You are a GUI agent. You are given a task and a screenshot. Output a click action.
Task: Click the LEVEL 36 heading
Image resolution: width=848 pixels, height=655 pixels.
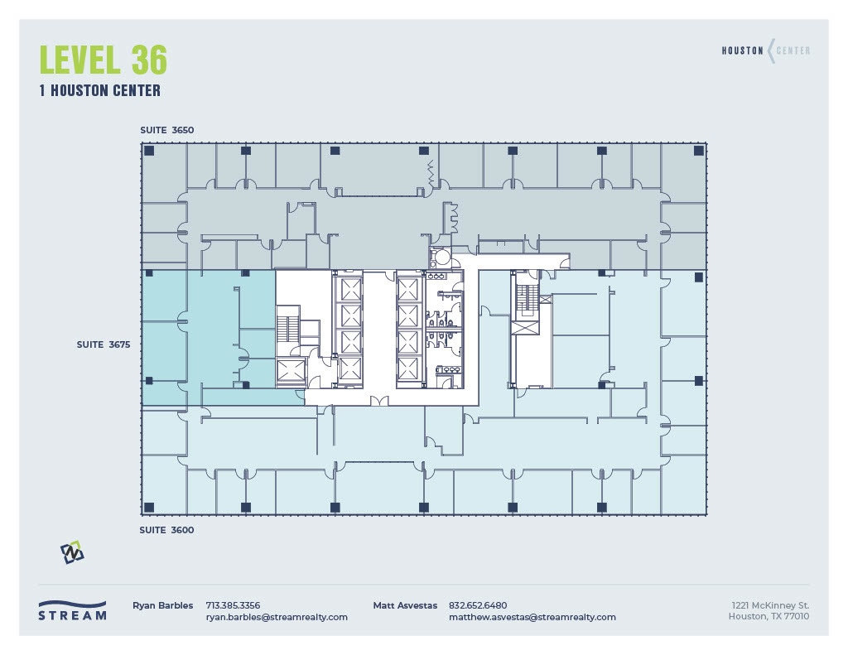point(104,60)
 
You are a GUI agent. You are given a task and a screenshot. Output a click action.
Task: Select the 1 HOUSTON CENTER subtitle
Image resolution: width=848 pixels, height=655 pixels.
point(99,90)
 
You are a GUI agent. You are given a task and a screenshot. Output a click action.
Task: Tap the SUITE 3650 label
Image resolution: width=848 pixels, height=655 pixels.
point(166,130)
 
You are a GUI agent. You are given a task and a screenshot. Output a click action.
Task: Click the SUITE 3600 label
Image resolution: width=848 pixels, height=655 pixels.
point(166,530)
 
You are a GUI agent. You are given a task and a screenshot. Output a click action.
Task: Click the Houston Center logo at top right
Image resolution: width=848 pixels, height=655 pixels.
point(765,51)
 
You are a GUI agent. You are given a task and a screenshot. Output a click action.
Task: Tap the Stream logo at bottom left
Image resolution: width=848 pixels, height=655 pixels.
point(73,610)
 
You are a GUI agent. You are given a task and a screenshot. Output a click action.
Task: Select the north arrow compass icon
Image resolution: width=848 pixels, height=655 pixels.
point(72,552)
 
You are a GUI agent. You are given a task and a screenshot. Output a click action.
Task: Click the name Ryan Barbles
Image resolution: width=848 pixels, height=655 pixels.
point(163,605)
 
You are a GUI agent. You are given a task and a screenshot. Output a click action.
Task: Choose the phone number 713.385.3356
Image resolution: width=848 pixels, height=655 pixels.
point(233,605)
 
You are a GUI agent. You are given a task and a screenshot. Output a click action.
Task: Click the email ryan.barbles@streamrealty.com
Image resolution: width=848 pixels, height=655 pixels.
point(277,617)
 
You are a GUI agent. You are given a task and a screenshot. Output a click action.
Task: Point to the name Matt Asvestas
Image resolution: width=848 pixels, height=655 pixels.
point(405,605)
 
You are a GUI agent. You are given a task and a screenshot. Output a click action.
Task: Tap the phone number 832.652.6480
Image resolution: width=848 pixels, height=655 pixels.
point(478,605)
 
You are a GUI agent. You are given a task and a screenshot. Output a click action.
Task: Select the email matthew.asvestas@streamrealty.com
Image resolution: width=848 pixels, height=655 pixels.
point(532,617)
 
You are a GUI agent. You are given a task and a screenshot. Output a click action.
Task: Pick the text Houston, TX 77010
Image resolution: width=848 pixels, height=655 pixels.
point(768,617)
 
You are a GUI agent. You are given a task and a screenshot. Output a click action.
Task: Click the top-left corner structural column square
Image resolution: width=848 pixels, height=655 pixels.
point(149,151)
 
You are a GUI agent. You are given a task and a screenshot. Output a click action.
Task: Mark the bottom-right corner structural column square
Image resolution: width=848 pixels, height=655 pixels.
point(698,507)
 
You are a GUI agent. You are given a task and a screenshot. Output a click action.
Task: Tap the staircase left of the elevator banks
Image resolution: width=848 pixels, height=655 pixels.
point(287,325)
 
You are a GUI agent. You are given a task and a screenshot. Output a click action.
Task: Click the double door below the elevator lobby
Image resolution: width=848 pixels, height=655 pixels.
point(379,402)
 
